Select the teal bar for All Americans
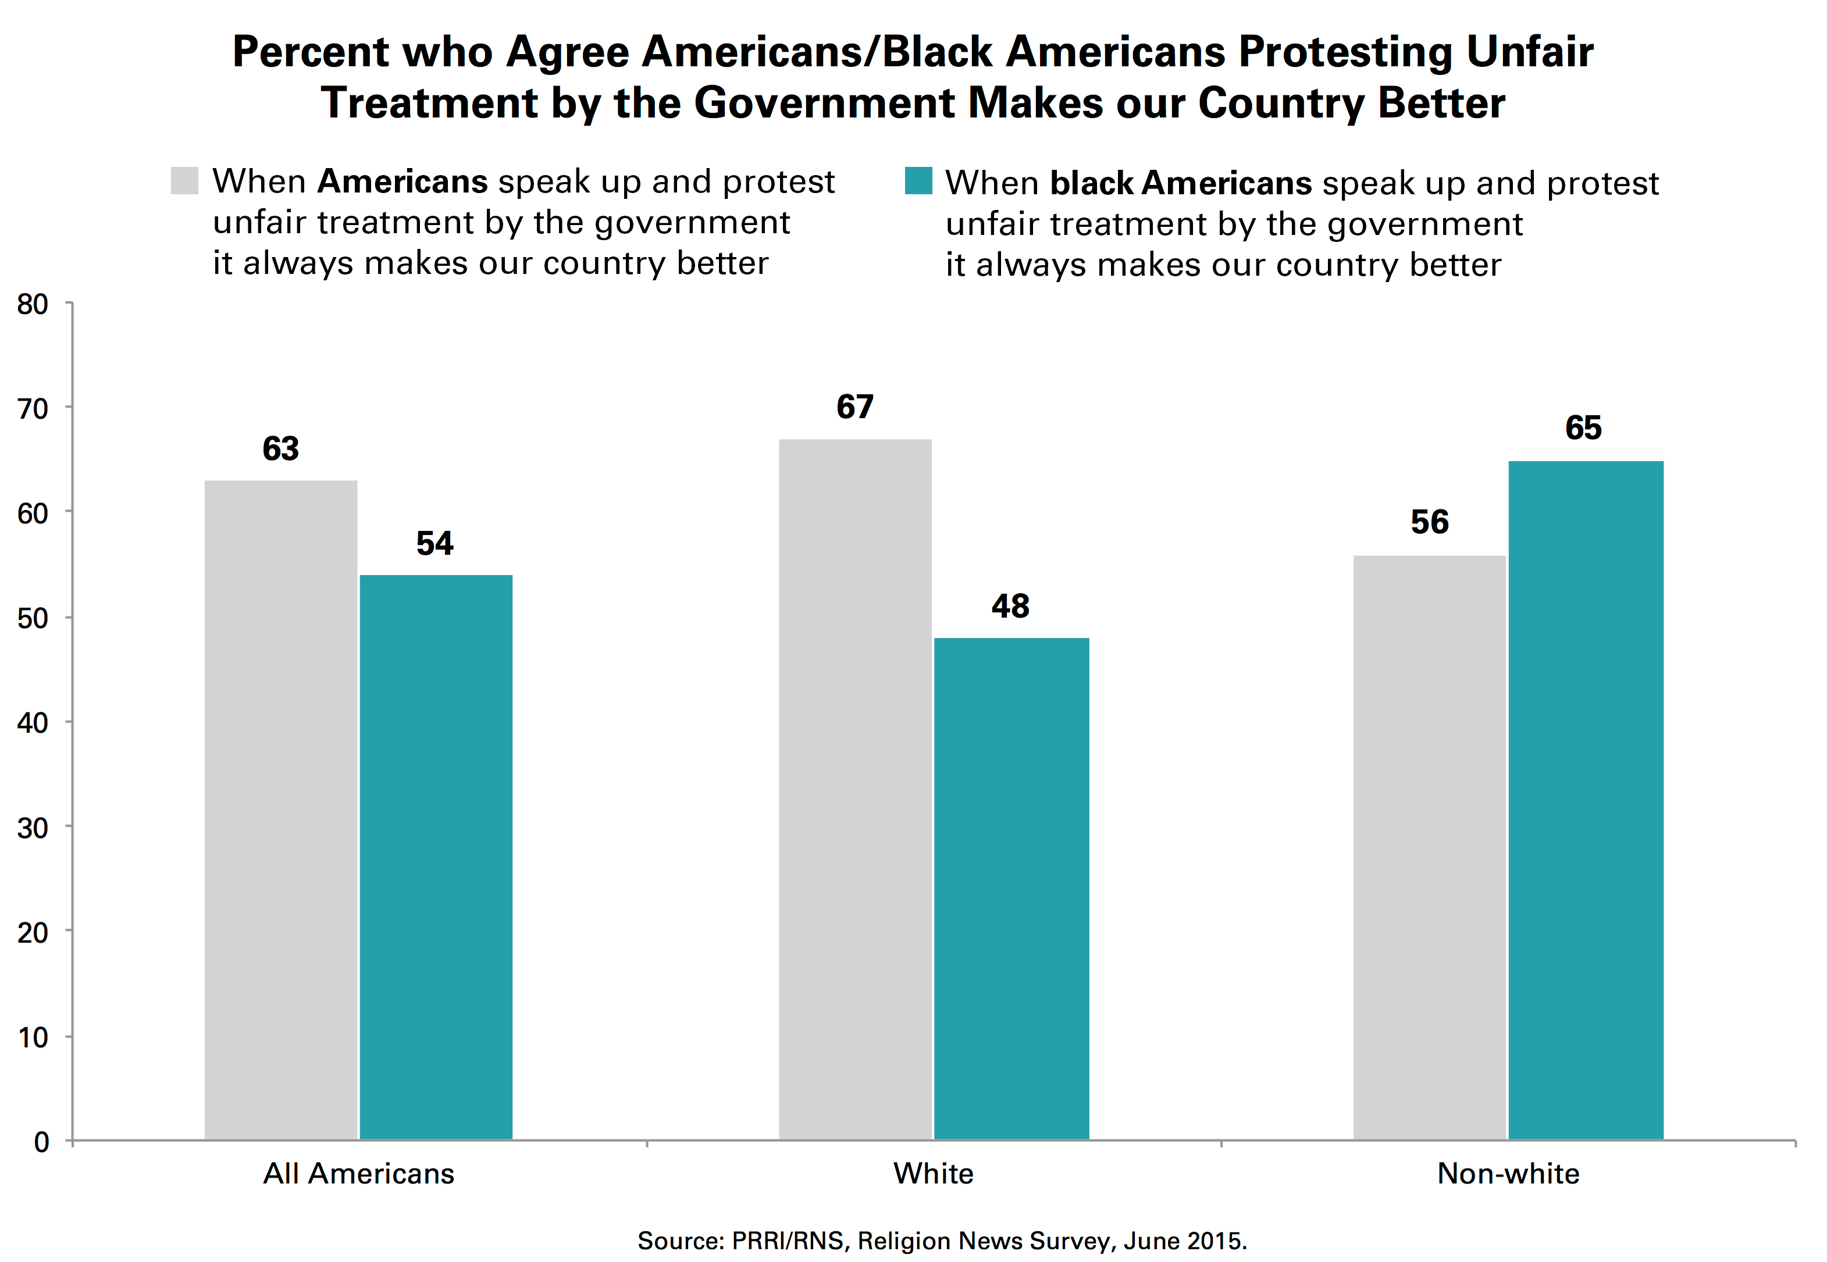click(x=436, y=857)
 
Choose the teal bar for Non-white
click(x=1585, y=800)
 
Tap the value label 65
click(x=1583, y=429)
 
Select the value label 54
click(x=435, y=544)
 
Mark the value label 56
click(x=1429, y=523)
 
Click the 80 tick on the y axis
click(x=33, y=304)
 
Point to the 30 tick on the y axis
click(x=33, y=828)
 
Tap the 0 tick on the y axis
click(x=41, y=1142)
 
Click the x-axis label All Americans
click(x=358, y=1174)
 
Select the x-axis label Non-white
click(x=1508, y=1174)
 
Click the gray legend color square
click(x=184, y=180)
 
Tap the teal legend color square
click(x=918, y=180)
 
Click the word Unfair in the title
click(x=1529, y=52)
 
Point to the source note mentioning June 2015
click(x=941, y=1240)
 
